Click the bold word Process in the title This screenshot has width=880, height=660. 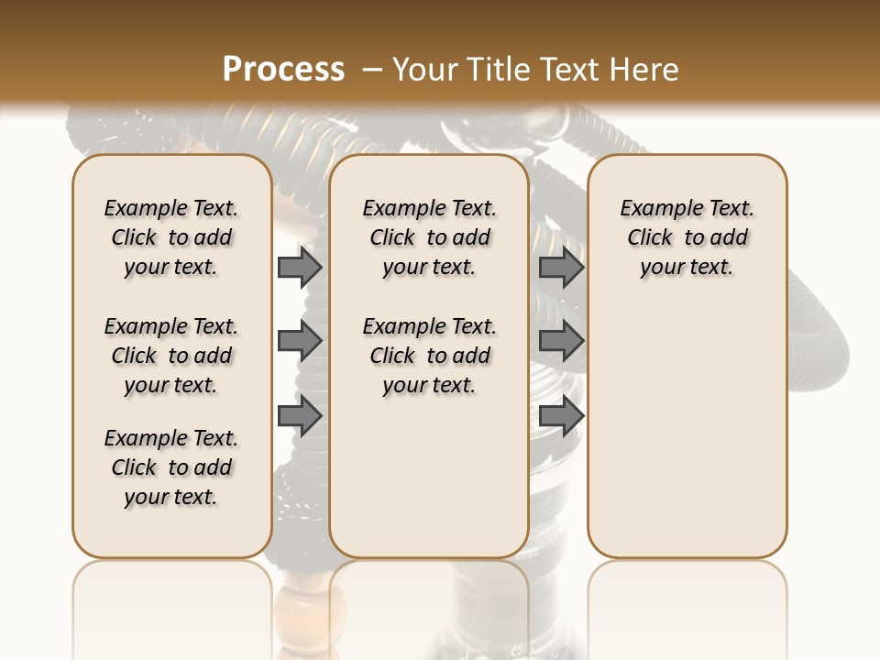click(283, 70)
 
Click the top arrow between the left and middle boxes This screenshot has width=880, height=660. click(299, 268)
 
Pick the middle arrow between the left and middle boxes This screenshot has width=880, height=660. click(299, 341)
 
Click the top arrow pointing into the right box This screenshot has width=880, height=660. click(561, 268)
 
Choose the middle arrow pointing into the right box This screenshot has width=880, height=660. click(561, 341)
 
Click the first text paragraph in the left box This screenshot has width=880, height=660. click(171, 237)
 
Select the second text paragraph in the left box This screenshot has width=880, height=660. click(171, 356)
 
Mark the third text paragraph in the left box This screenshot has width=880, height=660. click(171, 467)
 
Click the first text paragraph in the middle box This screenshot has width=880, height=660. click(429, 237)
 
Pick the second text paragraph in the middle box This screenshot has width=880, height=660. click(429, 356)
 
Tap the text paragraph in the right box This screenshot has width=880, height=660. click(687, 237)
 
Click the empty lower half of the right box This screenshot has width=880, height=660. click(687, 440)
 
